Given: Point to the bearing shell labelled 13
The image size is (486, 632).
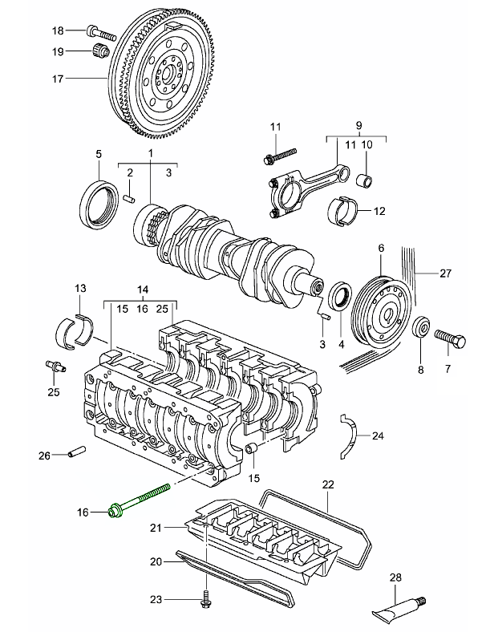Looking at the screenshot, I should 78,329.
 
